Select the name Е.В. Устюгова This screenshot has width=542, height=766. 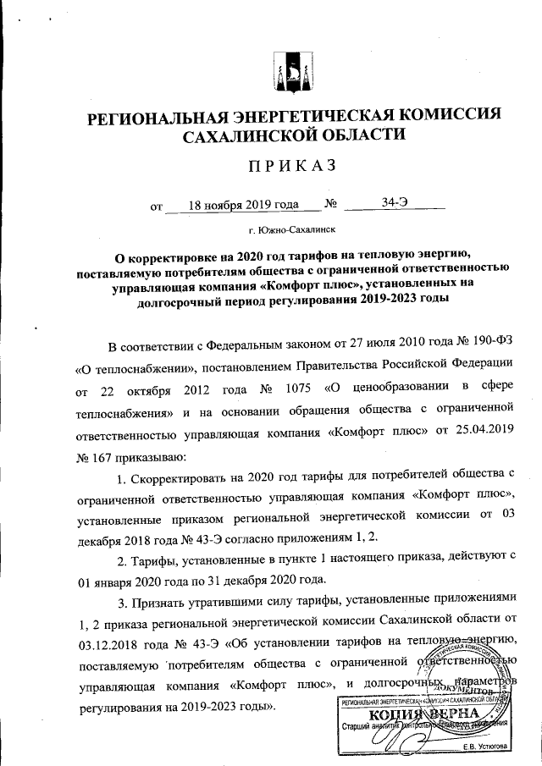point(485,746)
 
